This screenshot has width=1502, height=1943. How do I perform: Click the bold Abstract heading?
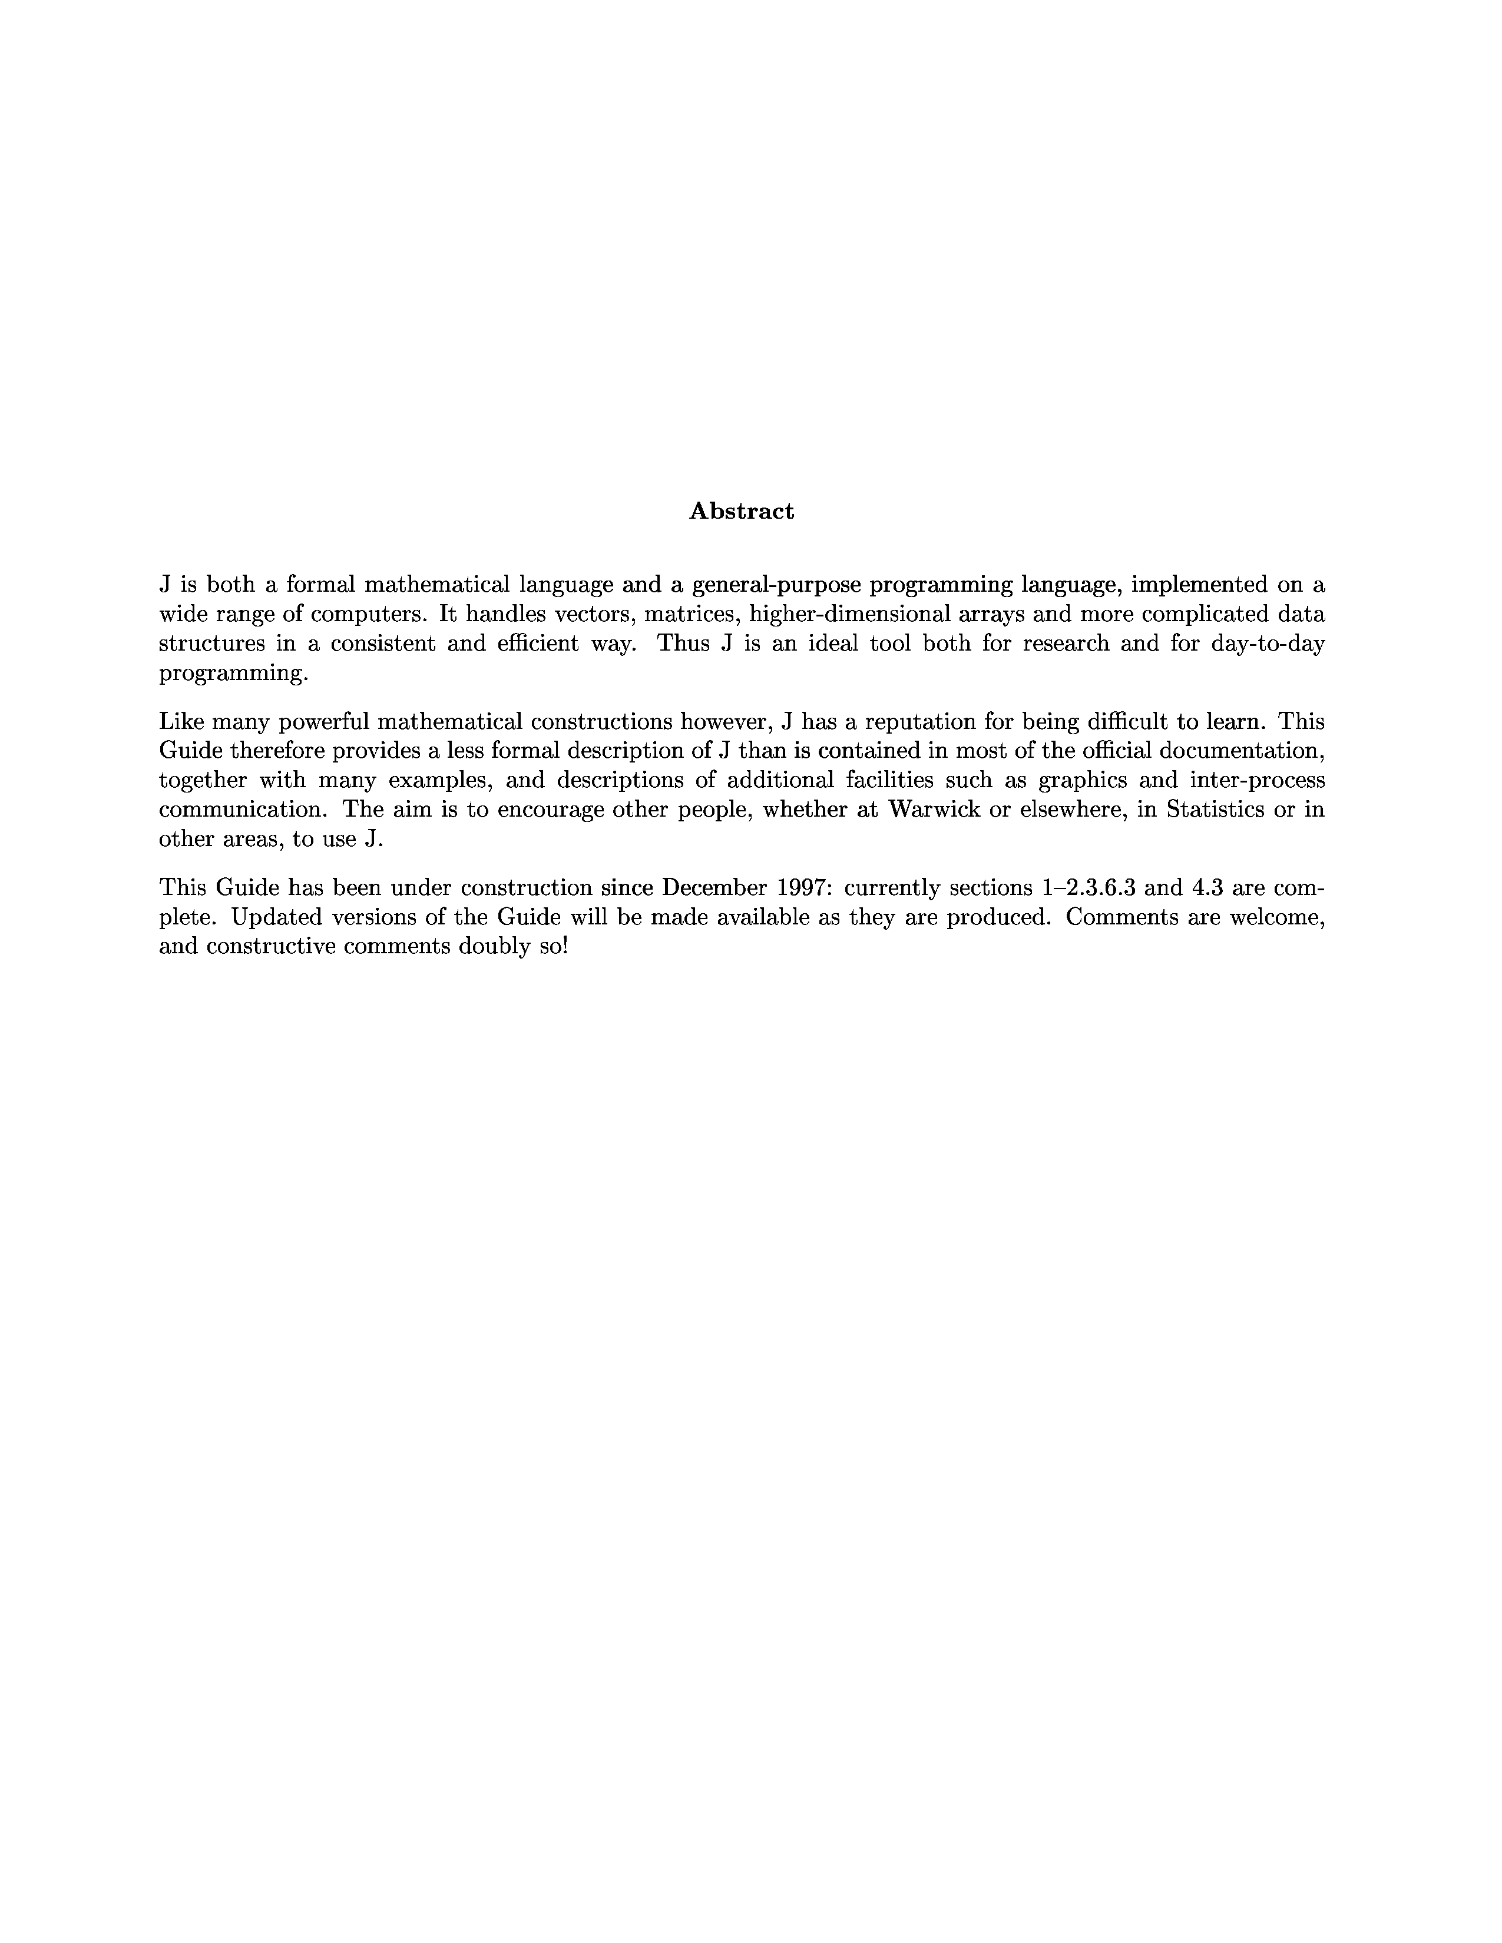coord(741,512)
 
